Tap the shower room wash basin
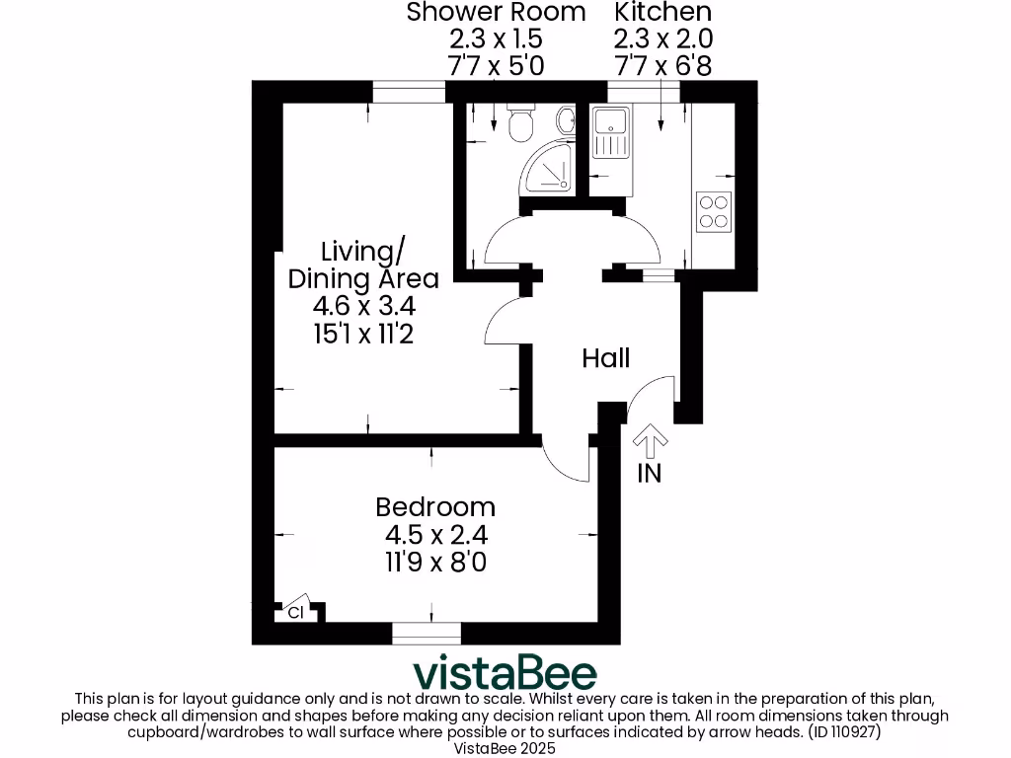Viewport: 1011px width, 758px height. coord(566,121)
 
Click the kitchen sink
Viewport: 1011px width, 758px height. coord(608,133)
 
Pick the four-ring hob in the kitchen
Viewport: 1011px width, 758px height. coord(714,210)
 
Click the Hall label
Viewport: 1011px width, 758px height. coord(605,358)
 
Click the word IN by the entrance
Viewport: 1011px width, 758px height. coord(649,474)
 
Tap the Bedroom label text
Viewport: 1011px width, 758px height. coord(435,507)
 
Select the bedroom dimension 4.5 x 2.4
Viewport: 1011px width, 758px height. coord(435,536)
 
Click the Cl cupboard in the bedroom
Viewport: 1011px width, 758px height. coord(295,612)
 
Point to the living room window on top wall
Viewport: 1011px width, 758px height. coord(408,92)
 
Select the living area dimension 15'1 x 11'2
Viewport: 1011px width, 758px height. coord(362,335)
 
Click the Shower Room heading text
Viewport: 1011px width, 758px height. coord(496,13)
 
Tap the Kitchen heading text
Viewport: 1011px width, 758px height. coord(662,13)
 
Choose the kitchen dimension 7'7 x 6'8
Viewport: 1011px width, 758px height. coord(662,66)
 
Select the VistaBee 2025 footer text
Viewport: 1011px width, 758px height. coord(505,749)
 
